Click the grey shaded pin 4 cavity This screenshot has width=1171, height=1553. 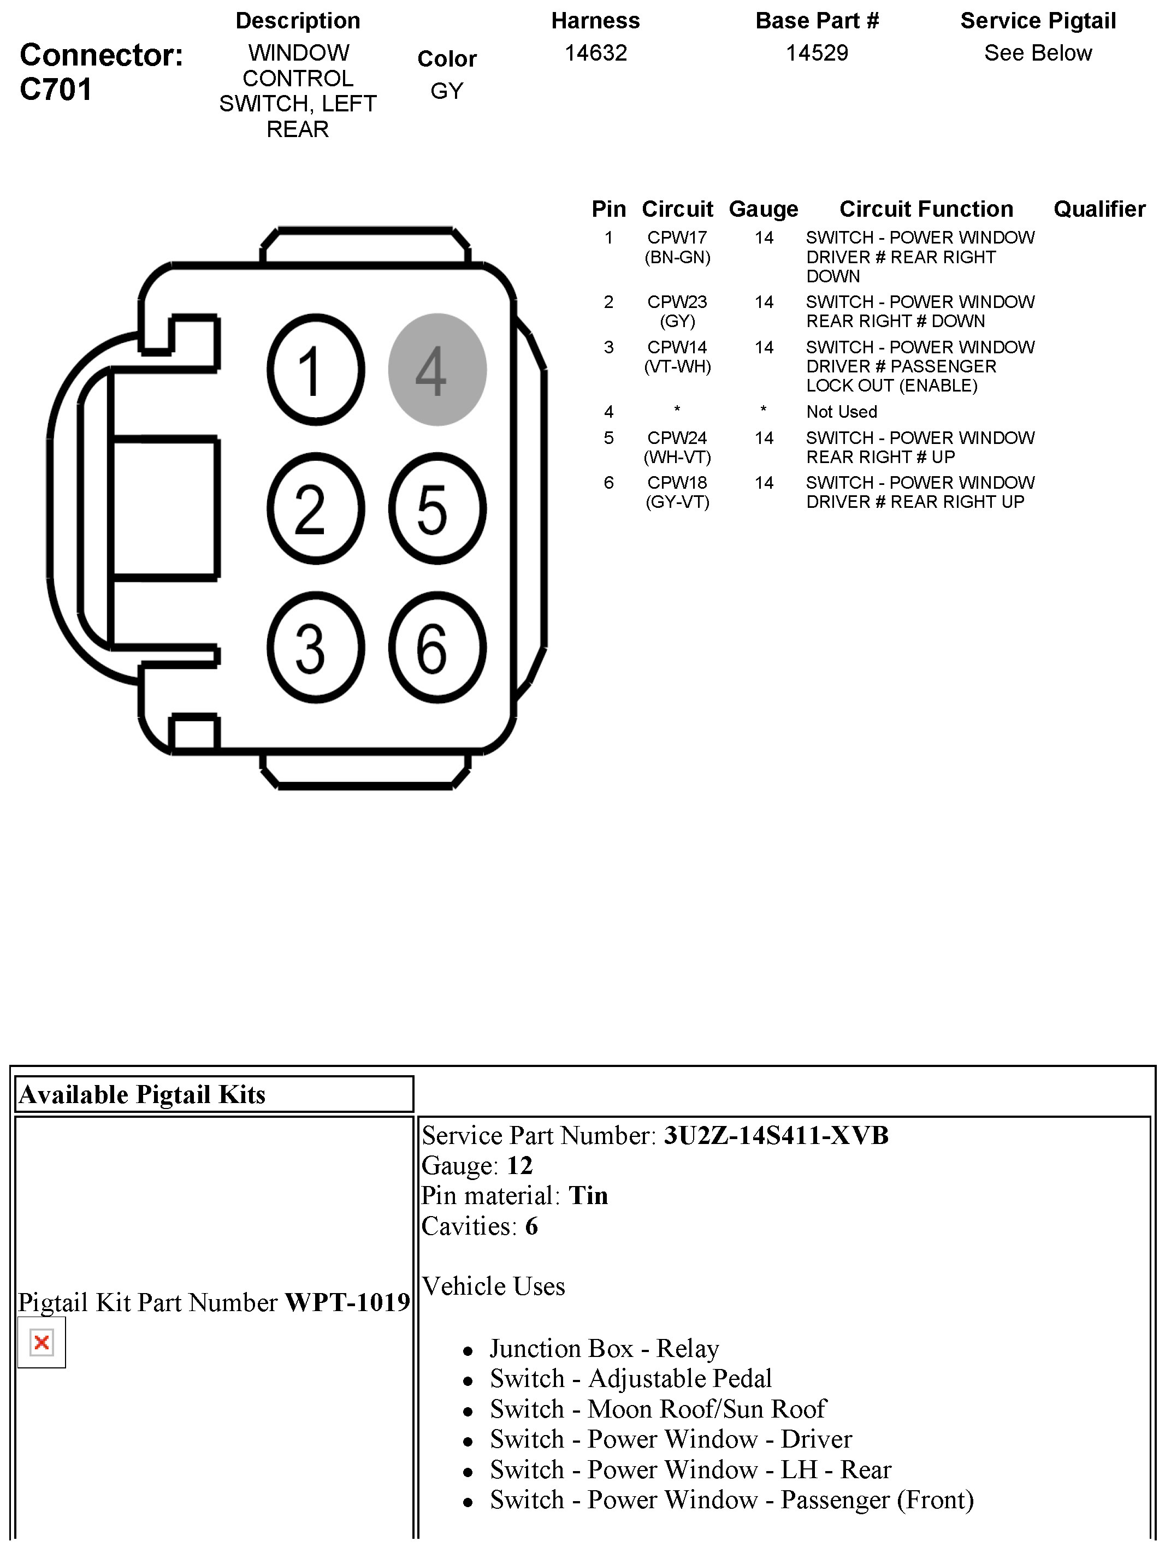437,369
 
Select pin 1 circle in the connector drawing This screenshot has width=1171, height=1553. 315,369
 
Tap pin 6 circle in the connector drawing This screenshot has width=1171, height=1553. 437,647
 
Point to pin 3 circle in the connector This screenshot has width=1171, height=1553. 315,647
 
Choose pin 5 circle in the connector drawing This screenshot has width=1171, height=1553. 437,508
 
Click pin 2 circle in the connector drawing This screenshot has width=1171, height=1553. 315,508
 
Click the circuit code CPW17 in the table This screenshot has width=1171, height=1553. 677,238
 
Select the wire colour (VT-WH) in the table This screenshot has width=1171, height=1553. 677,366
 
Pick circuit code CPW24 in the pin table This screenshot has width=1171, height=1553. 677,438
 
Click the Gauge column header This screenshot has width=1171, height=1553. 763,209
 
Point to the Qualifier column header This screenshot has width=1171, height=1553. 1099,209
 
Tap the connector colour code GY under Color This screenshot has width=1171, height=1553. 446,91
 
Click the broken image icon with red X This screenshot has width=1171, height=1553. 42,1342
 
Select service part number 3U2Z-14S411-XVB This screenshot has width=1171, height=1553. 776,1135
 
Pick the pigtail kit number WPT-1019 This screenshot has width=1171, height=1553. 347,1302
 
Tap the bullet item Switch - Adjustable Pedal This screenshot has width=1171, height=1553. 630,1378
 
